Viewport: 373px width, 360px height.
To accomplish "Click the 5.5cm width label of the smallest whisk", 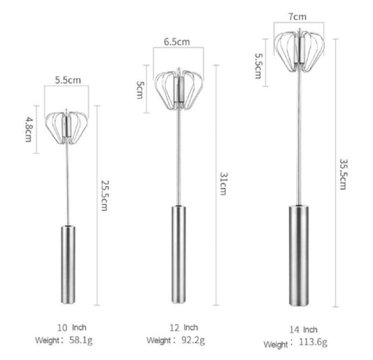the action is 68,80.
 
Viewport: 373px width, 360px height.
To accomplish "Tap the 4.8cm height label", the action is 29,129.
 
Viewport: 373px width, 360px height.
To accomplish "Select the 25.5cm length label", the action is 105,196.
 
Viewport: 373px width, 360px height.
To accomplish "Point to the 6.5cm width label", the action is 177,42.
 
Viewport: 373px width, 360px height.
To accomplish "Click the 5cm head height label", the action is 140,89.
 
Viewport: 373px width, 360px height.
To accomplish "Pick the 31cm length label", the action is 223,184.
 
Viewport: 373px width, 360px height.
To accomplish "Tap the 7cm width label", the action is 297,17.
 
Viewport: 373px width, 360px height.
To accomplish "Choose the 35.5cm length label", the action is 344,174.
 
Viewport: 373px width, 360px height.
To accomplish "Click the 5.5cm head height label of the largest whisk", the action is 258,66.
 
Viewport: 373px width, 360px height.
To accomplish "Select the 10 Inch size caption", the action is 71,328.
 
